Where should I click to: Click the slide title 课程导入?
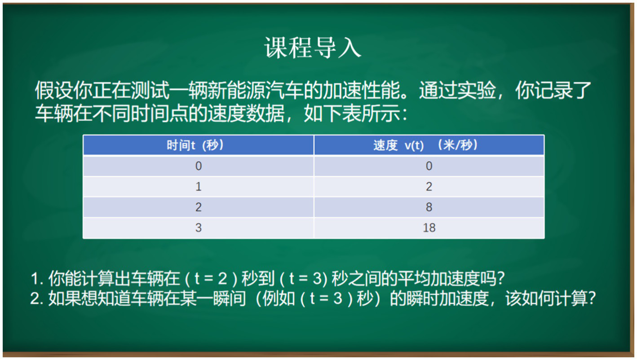point(313,48)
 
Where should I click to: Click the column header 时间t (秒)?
point(195,145)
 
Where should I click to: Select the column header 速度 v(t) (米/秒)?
point(425,145)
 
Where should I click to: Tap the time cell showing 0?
point(199,166)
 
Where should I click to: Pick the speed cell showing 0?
point(429,166)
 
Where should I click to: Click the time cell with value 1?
point(199,187)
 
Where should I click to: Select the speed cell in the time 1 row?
point(429,187)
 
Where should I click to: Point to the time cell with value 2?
point(199,207)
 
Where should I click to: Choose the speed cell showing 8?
point(429,207)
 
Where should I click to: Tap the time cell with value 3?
point(199,228)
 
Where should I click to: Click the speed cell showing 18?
point(429,228)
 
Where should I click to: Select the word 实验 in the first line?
point(477,90)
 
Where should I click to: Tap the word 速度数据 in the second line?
point(246,113)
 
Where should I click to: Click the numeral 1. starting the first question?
point(37,278)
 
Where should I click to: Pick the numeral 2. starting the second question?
point(37,299)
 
